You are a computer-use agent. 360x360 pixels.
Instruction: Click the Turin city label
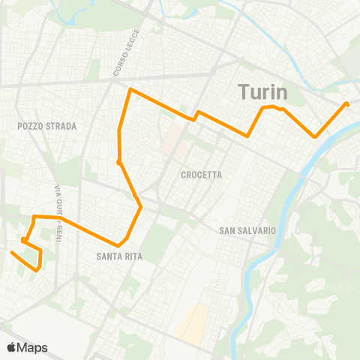click(x=264, y=92)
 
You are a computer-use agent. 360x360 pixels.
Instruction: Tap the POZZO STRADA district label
click(x=47, y=127)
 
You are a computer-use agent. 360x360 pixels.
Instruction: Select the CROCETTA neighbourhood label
click(x=202, y=175)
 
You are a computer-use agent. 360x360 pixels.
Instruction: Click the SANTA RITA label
click(x=119, y=256)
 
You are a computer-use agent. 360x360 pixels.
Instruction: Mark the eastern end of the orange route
click(x=346, y=104)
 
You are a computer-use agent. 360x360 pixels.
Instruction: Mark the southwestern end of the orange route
click(x=12, y=253)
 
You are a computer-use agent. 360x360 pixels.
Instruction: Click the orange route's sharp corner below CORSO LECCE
click(x=130, y=90)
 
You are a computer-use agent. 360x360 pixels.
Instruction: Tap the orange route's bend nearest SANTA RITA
click(x=119, y=245)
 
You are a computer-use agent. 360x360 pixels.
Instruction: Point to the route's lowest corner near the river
click(x=316, y=136)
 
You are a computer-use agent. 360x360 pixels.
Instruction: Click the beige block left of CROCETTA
click(x=173, y=136)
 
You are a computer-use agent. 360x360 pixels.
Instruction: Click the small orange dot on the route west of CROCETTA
click(x=119, y=161)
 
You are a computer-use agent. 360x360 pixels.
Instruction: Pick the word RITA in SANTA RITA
click(x=133, y=256)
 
